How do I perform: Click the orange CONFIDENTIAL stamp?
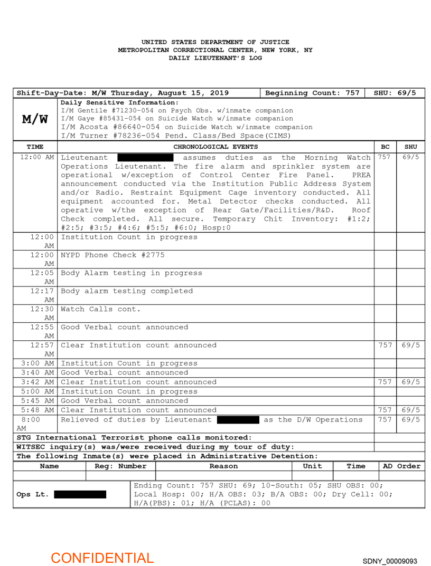click(x=102, y=558)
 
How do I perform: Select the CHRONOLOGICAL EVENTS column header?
click(x=215, y=147)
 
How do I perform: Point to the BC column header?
click(x=385, y=147)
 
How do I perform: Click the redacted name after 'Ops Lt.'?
click(x=80, y=494)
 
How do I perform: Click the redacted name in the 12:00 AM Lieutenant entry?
click(x=145, y=158)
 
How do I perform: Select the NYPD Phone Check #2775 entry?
click(x=113, y=255)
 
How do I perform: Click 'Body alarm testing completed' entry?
click(x=127, y=291)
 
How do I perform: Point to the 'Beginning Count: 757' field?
click(x=312, y=93)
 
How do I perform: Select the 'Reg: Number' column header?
click(x=120, y=466)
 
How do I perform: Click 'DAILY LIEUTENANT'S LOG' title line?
click(x=215, y=58)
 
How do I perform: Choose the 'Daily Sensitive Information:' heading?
click(x=120, y=102)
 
